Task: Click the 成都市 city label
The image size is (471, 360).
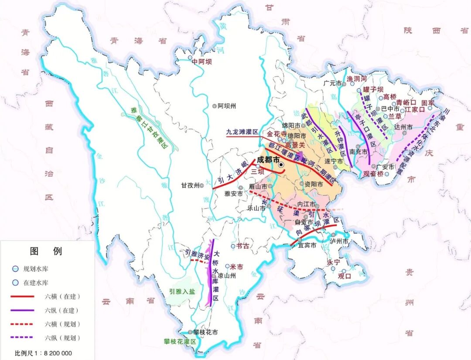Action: point(268,160)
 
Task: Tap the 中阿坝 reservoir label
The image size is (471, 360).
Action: point(204,62)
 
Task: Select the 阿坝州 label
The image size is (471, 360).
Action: point(227,106)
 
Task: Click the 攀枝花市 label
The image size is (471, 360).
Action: point(205,332)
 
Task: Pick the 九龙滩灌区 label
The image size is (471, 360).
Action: point(242,131)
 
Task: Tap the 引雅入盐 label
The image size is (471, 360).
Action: point(182,292)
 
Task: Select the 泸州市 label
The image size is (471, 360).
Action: point(339,241)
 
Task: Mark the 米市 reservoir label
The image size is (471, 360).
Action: point(236,266)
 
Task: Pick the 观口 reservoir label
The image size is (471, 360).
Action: point(345,276)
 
